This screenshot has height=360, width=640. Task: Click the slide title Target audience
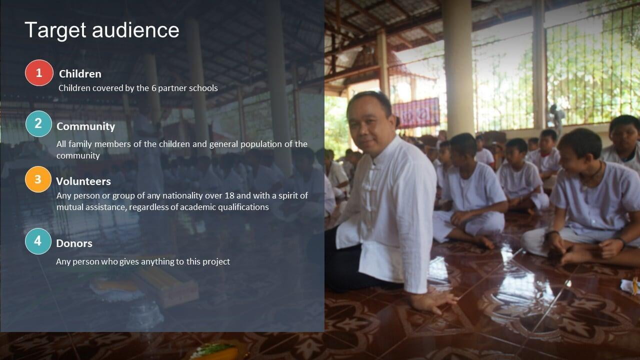[102, 30]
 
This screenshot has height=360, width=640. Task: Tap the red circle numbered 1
[39, 73]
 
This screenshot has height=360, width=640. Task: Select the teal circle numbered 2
[38, 123]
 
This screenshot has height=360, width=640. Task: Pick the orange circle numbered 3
[38, 179]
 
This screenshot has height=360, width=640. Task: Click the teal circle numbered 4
[38, 241]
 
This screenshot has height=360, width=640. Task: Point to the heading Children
[80, 73]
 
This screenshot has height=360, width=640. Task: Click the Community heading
[85, 126]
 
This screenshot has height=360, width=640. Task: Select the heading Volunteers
[83, 181]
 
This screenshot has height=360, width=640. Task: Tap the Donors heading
[74, 243]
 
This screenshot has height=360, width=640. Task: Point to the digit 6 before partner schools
[153, 88]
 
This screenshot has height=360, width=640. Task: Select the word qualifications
[243, 207]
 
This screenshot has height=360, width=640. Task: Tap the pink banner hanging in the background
[417, 112]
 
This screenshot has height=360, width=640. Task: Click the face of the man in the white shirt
[367, 125]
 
